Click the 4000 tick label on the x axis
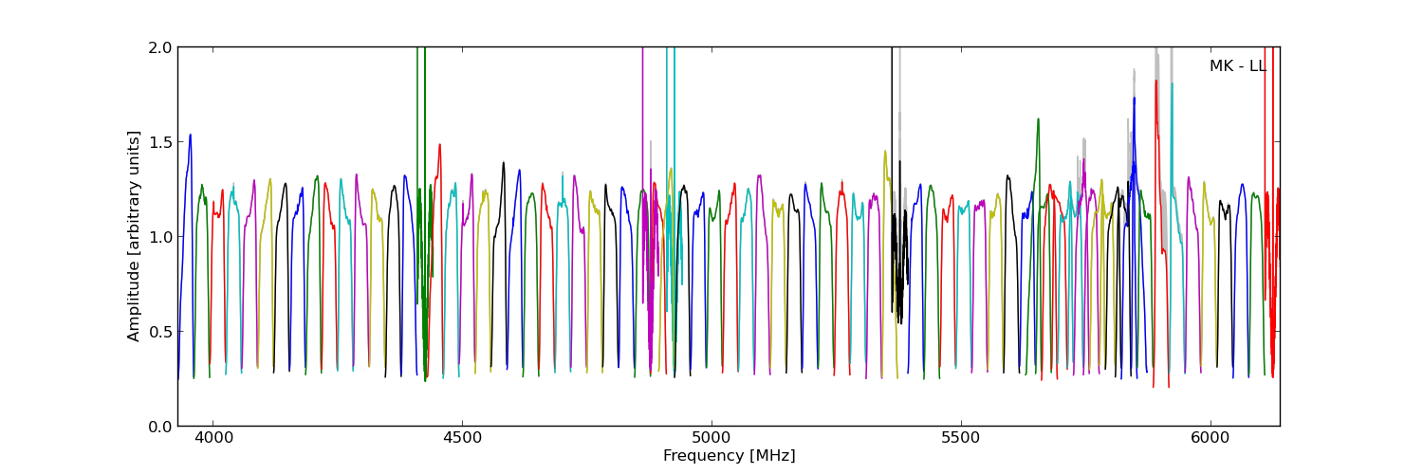pos(212,439)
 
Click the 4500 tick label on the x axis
pos(462,439)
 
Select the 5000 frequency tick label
pos(711,439)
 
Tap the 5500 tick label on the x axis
pos(961,439)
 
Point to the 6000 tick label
pos(1210,439)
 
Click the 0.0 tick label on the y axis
pos(160,426)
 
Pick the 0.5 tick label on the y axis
pos(160,331)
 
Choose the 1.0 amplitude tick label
pos(160,236)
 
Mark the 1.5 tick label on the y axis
pos(160,141)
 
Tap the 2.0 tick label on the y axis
pos(160,47)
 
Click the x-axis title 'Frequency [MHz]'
pos(729,456)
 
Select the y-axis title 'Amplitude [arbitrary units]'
pos(134,236)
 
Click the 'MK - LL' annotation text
pos(1237,66)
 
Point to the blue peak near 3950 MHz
pos(190,135)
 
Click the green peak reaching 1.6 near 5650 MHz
pos(1038,119)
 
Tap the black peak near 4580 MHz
pos(504,163)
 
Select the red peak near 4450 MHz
pos(439,145)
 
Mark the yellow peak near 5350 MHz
pos(885,152)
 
